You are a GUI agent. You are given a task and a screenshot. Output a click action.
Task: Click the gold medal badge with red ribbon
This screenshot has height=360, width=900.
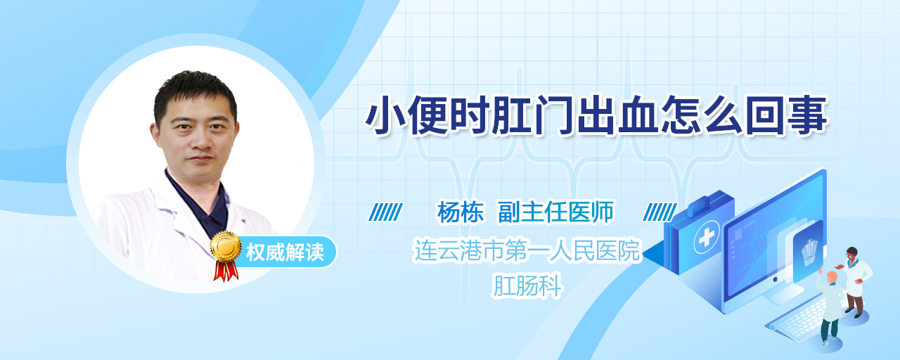(226, 254)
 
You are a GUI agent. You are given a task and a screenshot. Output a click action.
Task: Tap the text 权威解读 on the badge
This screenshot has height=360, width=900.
(285, 252)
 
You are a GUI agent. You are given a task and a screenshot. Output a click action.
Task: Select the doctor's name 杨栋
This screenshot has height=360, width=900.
(461, 212)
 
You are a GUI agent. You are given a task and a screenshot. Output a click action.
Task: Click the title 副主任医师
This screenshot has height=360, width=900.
(556, 212)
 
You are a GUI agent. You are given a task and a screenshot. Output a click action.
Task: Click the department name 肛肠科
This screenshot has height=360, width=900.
(527, 285)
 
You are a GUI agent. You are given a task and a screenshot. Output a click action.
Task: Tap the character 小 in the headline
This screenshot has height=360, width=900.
(385, 115)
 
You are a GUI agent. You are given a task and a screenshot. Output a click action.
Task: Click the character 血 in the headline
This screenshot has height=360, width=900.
(638, 115)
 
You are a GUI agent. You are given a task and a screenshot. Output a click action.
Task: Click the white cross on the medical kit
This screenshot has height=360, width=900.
(706, 237)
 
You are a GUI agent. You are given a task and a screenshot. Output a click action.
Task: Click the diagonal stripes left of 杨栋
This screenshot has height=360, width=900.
(386, 212)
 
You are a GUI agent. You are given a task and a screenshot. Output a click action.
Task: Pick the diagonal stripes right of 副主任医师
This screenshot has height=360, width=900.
(660, 212)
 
